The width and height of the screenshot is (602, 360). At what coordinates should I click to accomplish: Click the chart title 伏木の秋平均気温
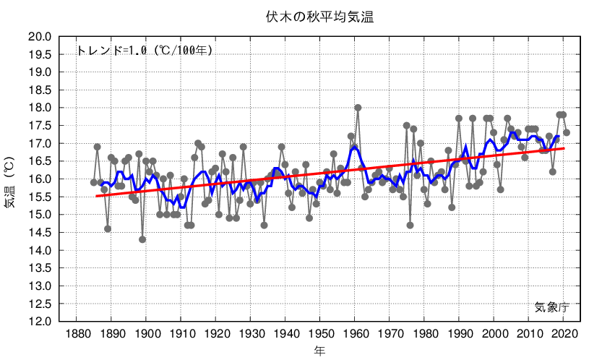click(319, 17)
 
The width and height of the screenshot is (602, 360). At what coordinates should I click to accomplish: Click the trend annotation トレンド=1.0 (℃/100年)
click(144, 51)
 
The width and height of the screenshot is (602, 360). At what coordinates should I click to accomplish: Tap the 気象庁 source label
click(552, 307)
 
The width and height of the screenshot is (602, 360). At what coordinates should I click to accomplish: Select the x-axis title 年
click(319, 351)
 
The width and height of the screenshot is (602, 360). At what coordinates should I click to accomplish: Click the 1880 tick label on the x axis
click(77, 334)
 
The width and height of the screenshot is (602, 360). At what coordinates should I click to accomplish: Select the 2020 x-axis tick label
click(564, 334)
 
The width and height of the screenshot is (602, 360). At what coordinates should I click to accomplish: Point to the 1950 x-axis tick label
click(320, 334)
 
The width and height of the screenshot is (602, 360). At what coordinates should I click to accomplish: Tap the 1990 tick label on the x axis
click(459, 334)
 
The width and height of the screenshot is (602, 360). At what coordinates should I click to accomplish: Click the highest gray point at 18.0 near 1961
click(358, 108)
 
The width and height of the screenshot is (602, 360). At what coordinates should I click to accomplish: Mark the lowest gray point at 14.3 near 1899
click(142, 239)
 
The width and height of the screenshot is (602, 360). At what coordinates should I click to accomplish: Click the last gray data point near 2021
click(567, 132)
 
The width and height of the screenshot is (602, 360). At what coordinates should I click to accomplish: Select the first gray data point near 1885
click(94, 182)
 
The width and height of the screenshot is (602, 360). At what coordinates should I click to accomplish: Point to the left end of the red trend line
click(97, 196)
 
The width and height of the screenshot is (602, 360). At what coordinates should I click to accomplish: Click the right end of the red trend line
click(564, 148)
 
